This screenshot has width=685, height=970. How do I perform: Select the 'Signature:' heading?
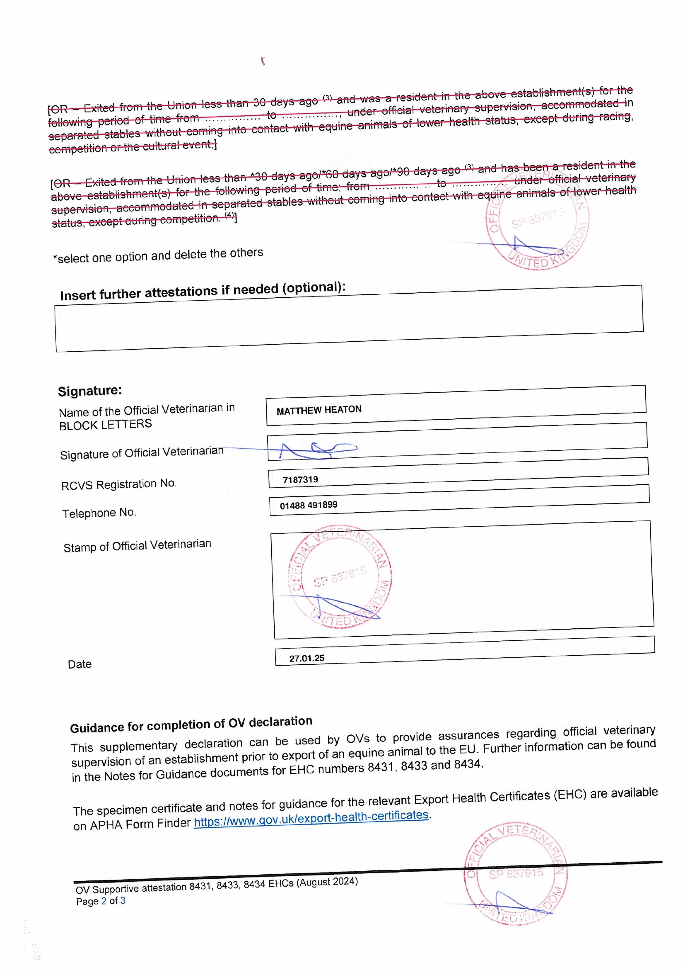[90, 391]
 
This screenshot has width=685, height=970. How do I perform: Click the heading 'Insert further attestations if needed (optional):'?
[203, 291]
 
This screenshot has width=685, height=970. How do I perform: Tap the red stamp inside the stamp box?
[340, 577]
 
